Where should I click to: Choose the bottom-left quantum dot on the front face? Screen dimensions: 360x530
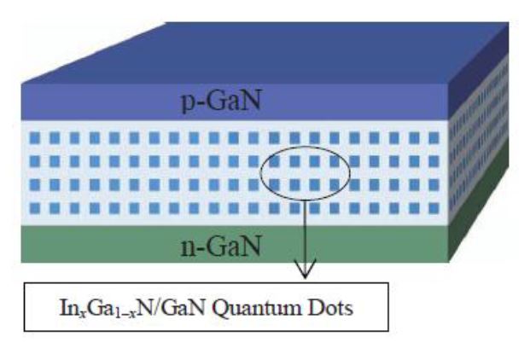tap(33, 207)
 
